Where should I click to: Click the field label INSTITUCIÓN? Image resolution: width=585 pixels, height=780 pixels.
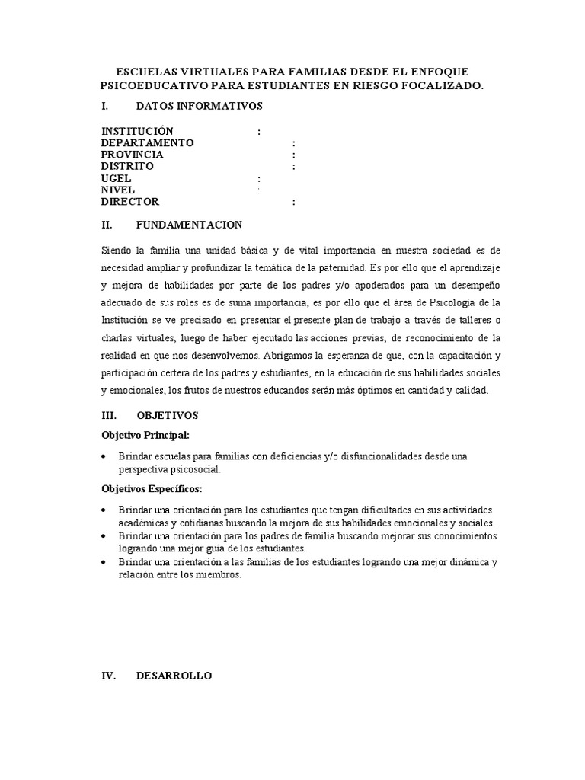(x=137, y=132)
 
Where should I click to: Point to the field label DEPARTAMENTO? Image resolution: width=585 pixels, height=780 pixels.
(x=148, y=143)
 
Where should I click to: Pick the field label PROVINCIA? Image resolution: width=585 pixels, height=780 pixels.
(x=132, y=155)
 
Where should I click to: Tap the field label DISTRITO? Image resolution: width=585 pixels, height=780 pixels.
(x=127, y=166)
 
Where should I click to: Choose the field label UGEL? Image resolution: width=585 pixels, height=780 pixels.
(x=117, y=178)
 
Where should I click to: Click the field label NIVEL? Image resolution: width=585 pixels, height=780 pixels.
(x=118, y=190)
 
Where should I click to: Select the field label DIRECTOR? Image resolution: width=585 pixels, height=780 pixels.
(x=130, y=202)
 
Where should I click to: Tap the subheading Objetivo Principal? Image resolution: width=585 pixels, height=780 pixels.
(x=145, y=435)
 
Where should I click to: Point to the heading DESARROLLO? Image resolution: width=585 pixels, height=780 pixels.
(x=174, y=676)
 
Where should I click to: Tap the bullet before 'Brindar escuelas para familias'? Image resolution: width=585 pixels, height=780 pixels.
(x=104, y=456)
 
